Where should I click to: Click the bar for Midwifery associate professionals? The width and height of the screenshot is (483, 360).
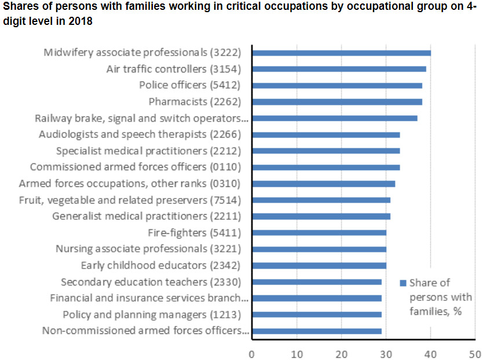pos(341,53)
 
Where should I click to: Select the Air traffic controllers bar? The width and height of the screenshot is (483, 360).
pos(339,69)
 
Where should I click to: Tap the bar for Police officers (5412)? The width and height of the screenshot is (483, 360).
pos(336,85)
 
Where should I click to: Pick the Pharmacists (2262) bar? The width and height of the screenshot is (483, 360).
pos(336,102)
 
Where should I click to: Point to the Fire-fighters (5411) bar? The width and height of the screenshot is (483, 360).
pos(319,233)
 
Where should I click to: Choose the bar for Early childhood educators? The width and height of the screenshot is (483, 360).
pos(319,266)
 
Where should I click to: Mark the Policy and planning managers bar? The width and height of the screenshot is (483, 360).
pos(316,315)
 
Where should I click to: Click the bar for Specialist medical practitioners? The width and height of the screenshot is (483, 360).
pos(325,151)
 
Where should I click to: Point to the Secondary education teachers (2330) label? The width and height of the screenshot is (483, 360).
pos(151,282)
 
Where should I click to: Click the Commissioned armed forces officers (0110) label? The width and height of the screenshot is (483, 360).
pos(135,167)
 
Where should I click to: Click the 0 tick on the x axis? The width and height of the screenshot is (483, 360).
pos(252,352)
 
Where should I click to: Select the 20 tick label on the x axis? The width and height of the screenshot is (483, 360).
pos(341,352)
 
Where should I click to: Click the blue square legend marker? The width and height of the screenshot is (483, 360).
pos(402,283)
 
